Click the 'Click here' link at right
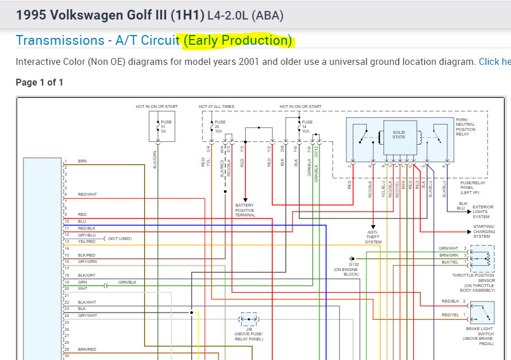(494, 62)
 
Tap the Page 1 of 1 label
(40, 83)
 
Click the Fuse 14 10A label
(307, 126)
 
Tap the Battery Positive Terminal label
(245, 210)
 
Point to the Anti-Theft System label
(373, 237)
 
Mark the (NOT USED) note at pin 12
(119, 238)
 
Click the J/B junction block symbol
(249, 319)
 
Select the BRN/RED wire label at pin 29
(87, 349)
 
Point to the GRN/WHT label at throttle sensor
(449, 248)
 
